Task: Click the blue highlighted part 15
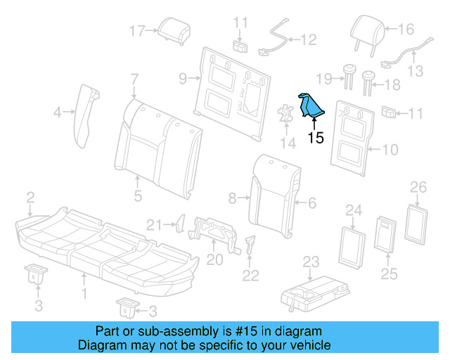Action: click(310, 108)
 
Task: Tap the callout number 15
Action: click(316, 138)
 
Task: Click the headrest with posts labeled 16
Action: click(367, 32)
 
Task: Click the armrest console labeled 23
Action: click(315, 292)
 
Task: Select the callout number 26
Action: click(418, 186)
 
